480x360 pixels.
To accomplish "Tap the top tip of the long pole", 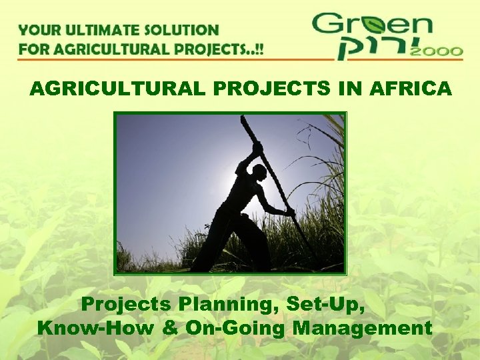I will (x=243, y=118).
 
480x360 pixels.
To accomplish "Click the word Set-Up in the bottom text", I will (x=325, y=305).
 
